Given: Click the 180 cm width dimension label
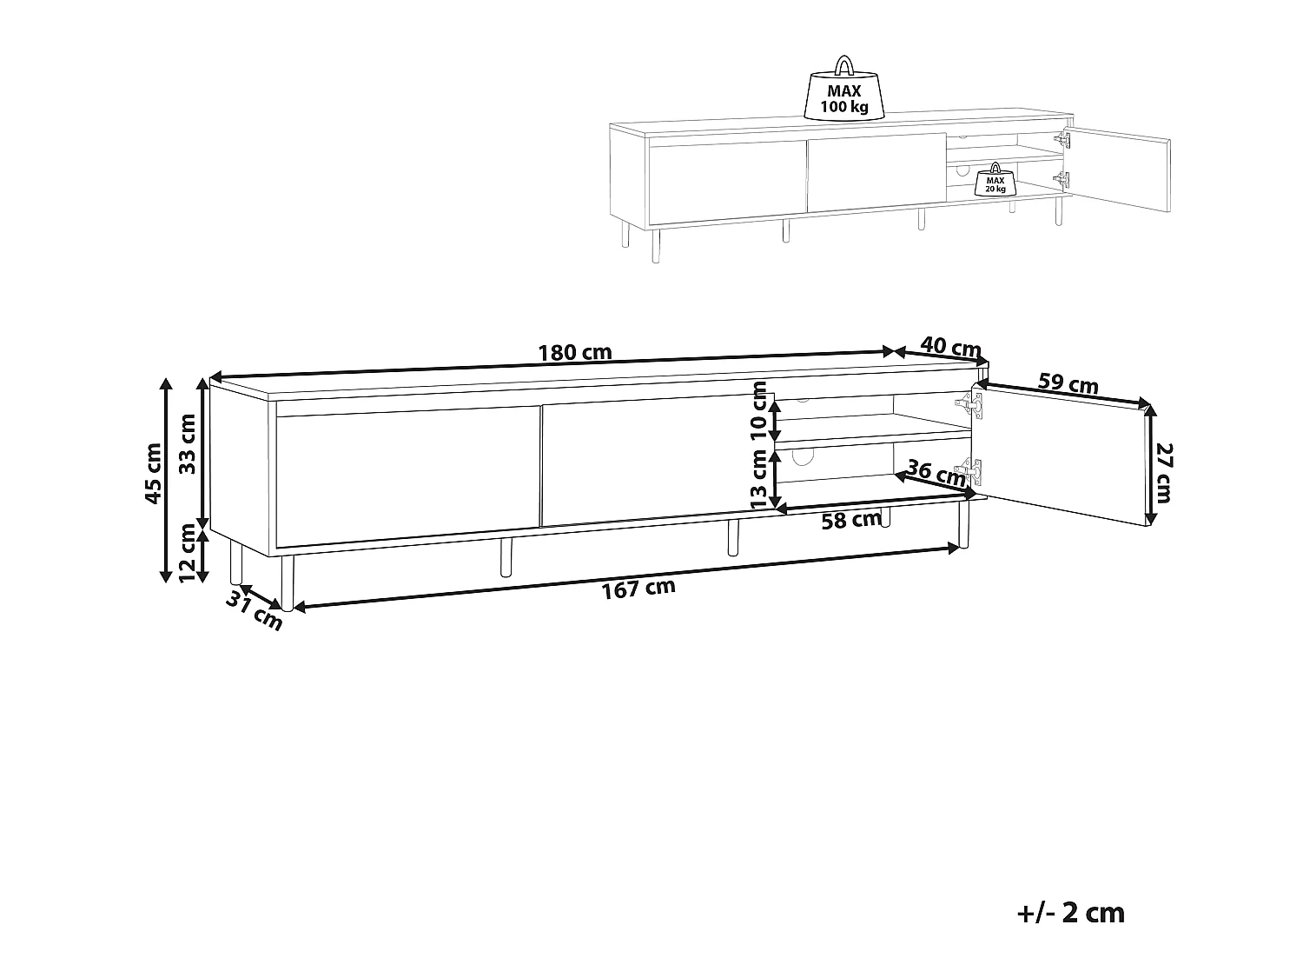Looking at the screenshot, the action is (575, 353).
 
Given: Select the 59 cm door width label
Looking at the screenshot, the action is (1068, 385).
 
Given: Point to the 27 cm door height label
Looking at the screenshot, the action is (1164, 473).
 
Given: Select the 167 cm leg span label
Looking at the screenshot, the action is (638, 589).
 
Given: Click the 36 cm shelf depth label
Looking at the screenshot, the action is (935, 473).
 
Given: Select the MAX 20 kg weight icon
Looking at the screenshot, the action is (994, 181).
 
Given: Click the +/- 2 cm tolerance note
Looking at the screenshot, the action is (1070, 913).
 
